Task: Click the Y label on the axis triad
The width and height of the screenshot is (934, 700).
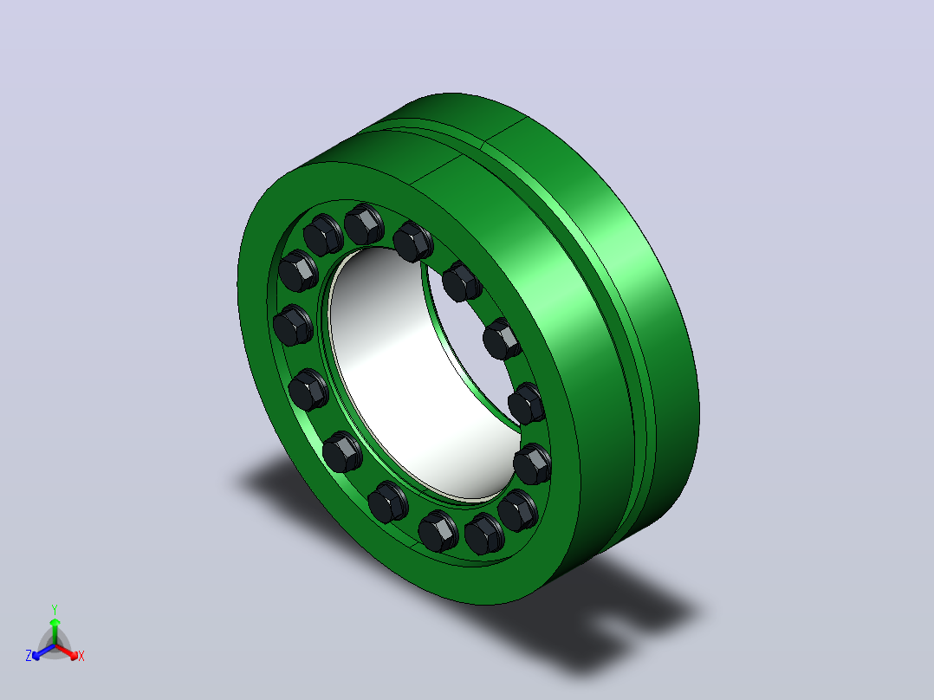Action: [55, 609]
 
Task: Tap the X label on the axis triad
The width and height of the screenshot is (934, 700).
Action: [81, 656]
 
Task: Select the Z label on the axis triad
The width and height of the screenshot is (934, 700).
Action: [29, 655]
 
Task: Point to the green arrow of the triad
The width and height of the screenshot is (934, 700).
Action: [55, 631]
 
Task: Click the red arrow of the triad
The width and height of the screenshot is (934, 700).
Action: [67, 651]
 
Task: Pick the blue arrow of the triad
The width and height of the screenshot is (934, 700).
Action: [43, 651]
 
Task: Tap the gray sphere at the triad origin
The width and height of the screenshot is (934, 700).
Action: [55, 645]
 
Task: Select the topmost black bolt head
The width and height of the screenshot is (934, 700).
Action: [364, 224]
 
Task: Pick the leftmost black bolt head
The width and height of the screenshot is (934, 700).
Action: [293, 325]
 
